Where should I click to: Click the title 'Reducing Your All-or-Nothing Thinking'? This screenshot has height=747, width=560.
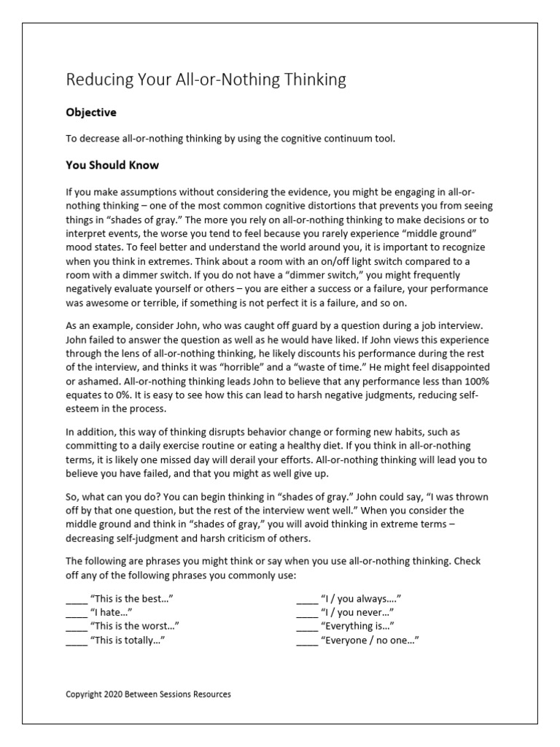tap(206, 80)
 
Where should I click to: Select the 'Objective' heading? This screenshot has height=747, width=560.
tap(91, 113)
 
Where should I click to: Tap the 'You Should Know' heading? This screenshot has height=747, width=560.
tap(112, 165)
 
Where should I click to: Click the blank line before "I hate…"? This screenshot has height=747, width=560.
tap(76, 613)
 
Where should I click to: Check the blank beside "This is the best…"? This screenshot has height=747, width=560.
tap(76, 599)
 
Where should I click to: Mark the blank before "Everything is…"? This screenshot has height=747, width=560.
tap(307, 627)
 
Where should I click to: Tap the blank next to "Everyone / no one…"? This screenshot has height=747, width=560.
tap(307, 640)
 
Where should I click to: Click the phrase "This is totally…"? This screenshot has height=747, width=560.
tap(132, 640)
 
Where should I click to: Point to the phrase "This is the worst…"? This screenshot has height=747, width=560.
tap(134, 627)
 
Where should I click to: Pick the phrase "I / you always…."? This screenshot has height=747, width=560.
tap(361, 599)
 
